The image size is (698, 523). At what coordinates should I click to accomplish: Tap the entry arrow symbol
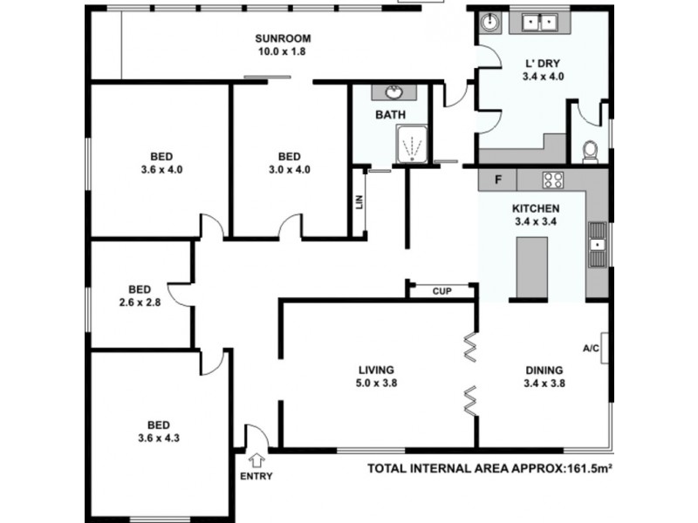point(258,459)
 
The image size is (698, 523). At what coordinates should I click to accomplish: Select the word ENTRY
point(256,476)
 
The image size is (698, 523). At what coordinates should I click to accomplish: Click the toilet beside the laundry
point(589,152)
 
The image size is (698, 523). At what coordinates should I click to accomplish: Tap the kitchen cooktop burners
point(552,180)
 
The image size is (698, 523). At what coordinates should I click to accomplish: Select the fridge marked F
point(497,180)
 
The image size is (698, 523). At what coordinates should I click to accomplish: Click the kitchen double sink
point(598,244)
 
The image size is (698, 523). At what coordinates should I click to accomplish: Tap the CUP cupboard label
point(441,291)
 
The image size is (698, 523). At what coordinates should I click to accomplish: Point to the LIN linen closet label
point(359,202)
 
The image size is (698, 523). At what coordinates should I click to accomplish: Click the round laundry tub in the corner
point(490,22)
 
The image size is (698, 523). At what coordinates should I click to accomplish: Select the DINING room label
point(544,369)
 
